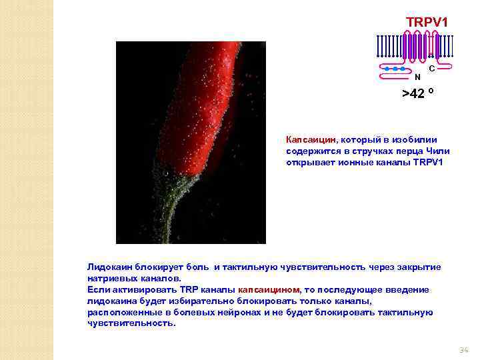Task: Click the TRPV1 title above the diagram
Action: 427,22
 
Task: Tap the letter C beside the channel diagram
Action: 433,69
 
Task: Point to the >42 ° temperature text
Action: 418,93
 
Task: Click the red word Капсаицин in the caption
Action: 310,140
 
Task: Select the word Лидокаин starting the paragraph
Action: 107,267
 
